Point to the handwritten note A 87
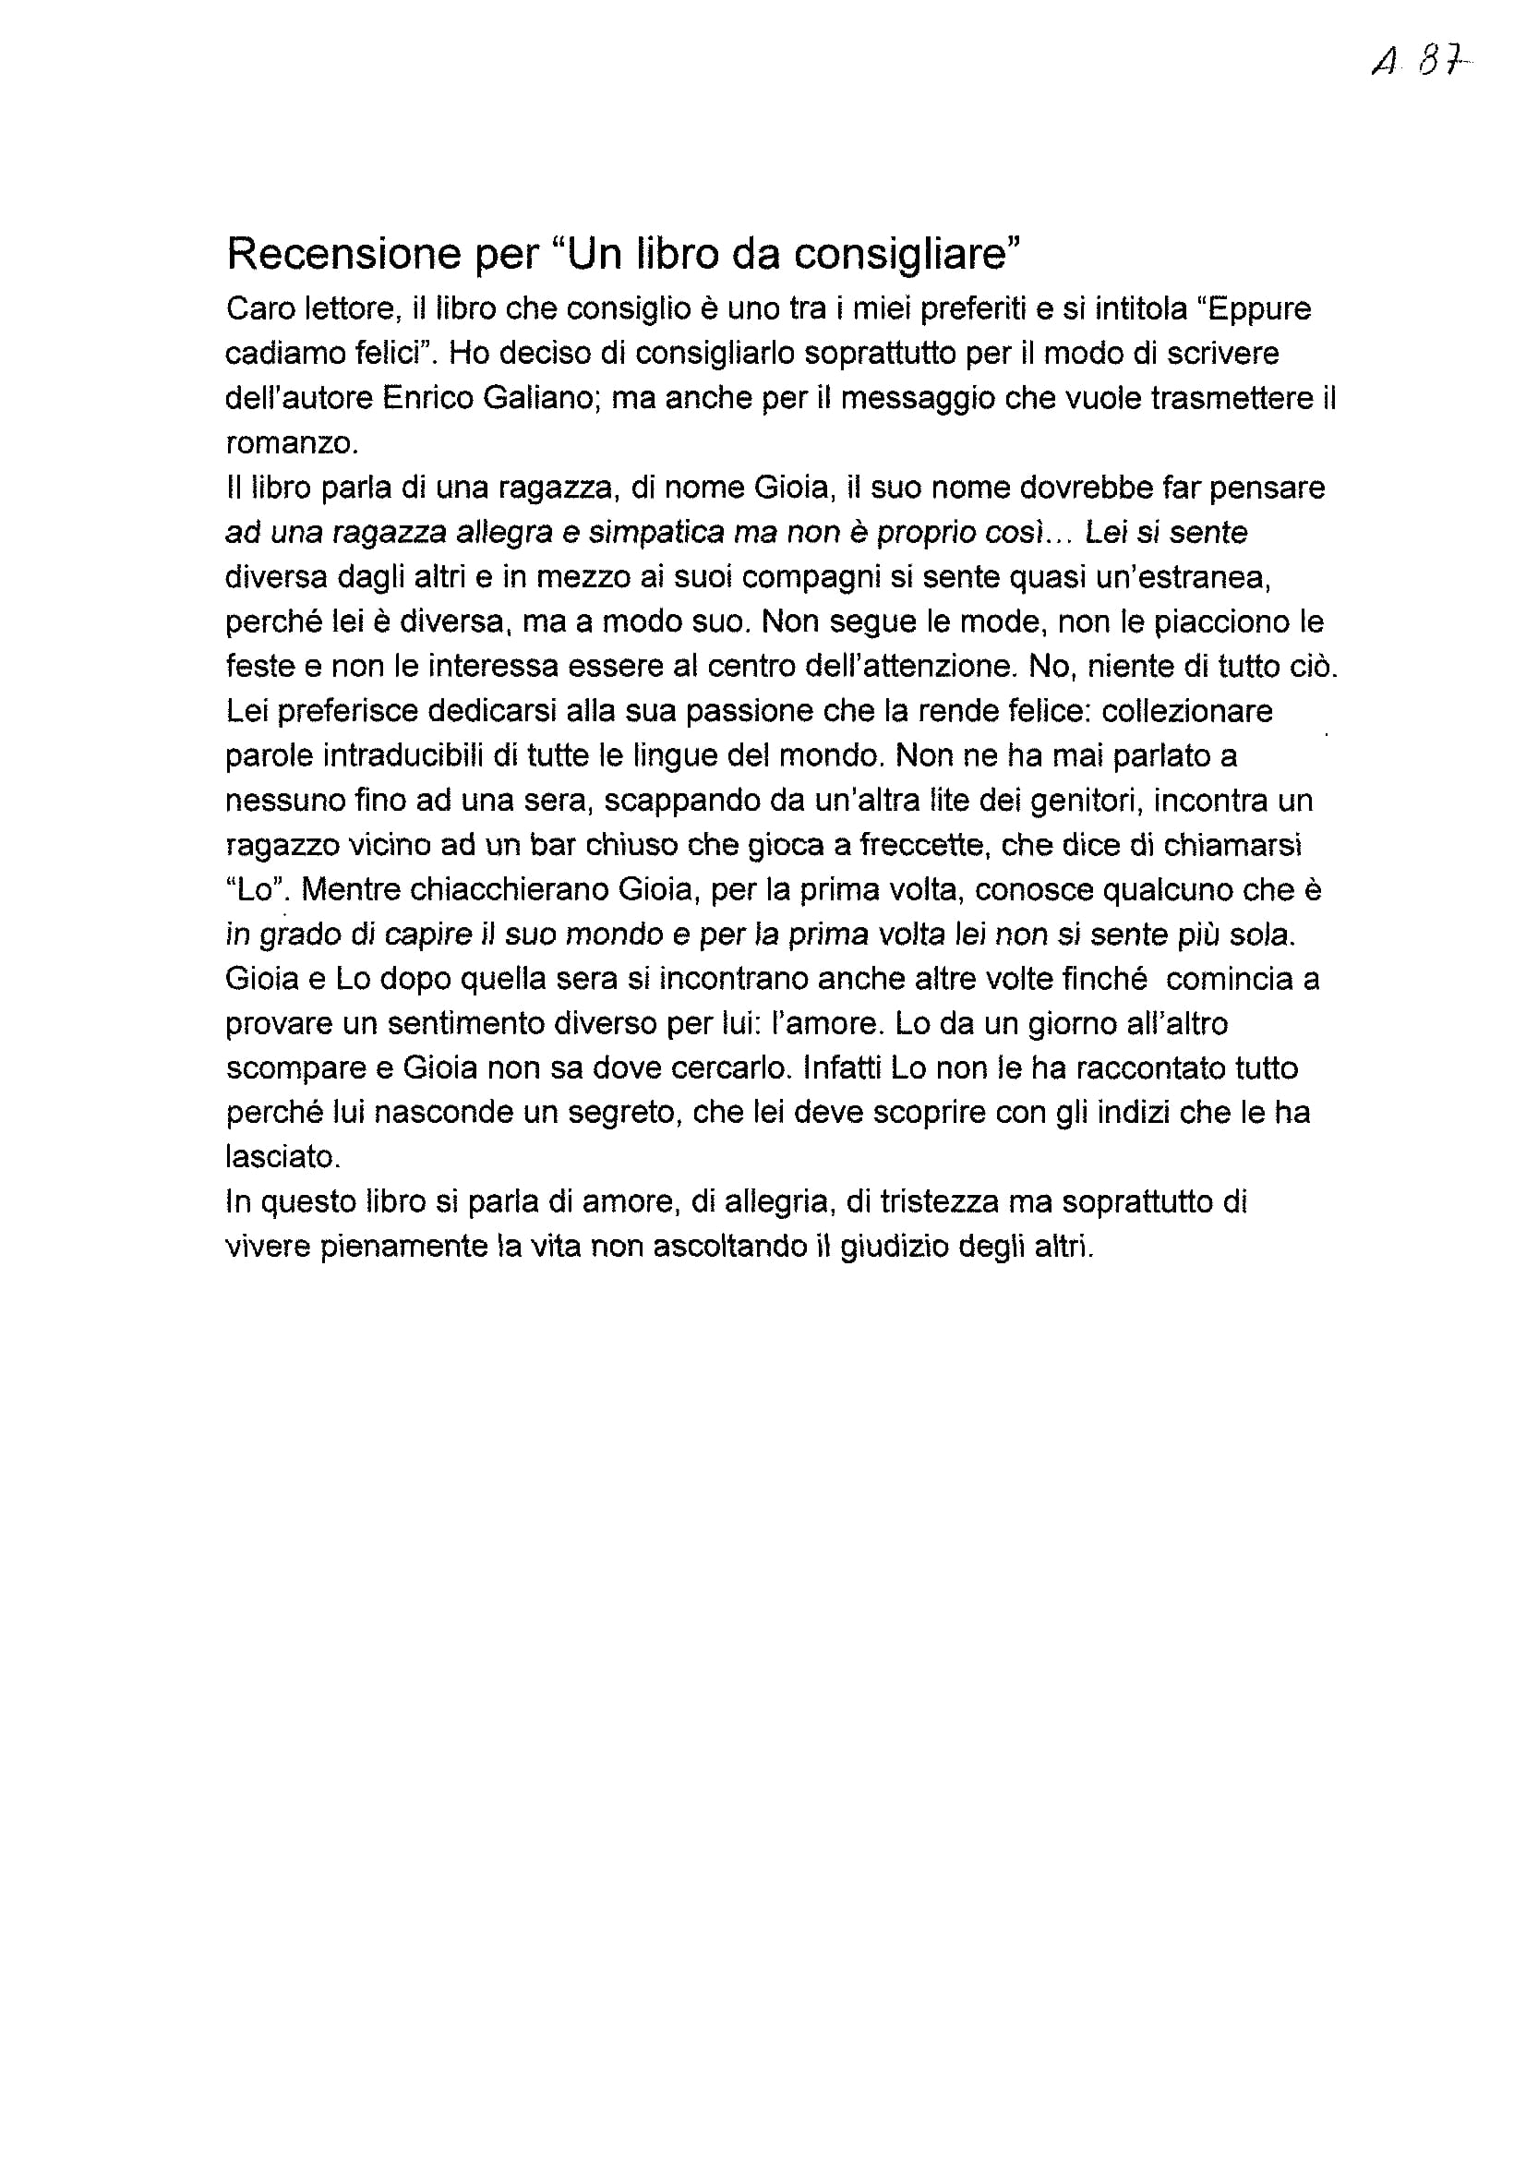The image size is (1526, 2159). pyautogui.click(x=1421, y=65)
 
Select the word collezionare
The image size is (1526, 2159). pyautogui.click(x=1186, y=711)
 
